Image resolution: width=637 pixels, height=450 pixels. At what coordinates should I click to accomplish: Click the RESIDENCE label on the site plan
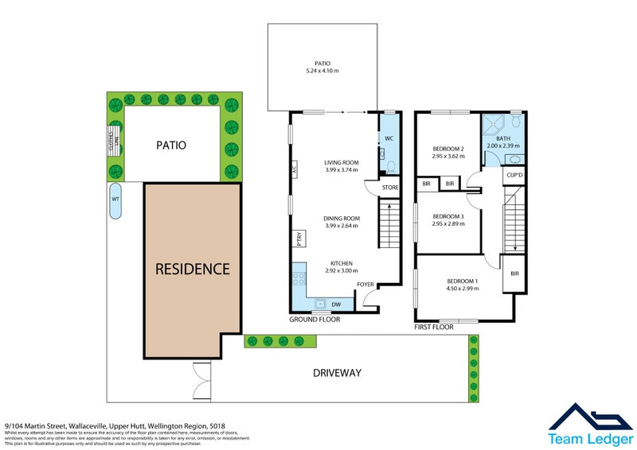(192, 269)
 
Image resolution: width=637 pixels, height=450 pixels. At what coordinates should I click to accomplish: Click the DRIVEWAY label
(337, 372)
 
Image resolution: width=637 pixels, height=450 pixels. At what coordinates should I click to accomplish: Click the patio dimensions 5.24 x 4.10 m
(322, 71)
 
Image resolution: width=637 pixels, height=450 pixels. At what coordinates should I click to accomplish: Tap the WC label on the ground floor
(389, 138)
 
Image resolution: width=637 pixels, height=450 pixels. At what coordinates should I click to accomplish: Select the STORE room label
(389, 188)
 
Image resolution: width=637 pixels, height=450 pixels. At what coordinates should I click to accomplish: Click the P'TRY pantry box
(299, 239)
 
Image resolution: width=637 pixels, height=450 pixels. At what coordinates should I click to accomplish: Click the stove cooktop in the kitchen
(300, 279)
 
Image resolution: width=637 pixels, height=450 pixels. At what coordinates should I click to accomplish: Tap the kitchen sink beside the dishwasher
(321, 303)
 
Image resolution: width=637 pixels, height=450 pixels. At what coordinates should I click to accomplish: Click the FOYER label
(365, 284)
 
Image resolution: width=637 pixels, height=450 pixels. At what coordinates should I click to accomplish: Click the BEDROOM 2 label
(447, 149)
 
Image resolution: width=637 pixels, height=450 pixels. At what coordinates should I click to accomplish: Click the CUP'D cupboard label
(514, 175)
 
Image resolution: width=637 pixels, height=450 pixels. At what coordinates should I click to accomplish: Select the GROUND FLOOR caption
(315, 320)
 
